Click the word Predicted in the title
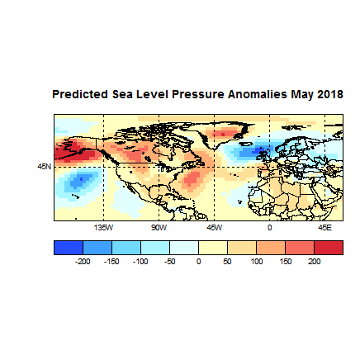pyautogui.click(x=78, y=94)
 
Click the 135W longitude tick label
pyautogui.click(x=102, y=226)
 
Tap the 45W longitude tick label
pyautogui.click(x=214, y=226)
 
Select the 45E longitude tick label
pyautogui.click(x=324, y=226)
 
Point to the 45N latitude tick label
pyautogui.click(x=44, y=166)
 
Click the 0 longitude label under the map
pyautogui.click(x=269, y=226)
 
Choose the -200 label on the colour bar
pyautogui.click(x=82, y=261)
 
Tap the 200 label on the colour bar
pyautogui.click(x=314, y=261)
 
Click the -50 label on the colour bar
pyautogui.click(x=169, y=261)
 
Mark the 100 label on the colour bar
pyautogui.click(x=256, y=261)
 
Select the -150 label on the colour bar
pyautogui.click(x=111, y=261)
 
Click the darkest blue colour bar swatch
pyautogui.click(x=68, y=248)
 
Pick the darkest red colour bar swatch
pyautogui.click(x=328, y=248)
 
